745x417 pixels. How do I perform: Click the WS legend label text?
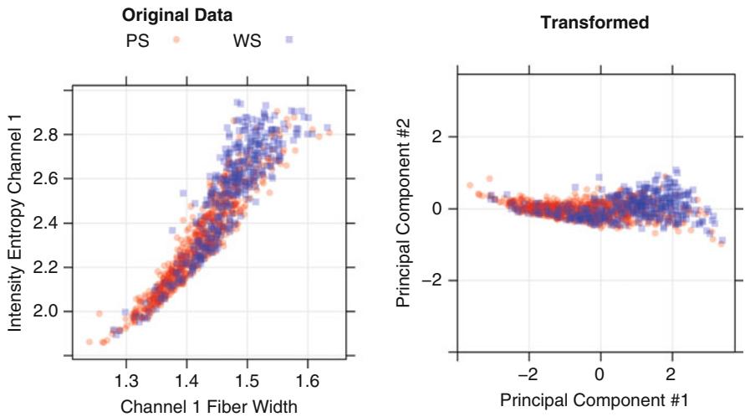pyautogui.click(x=247, y=39)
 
